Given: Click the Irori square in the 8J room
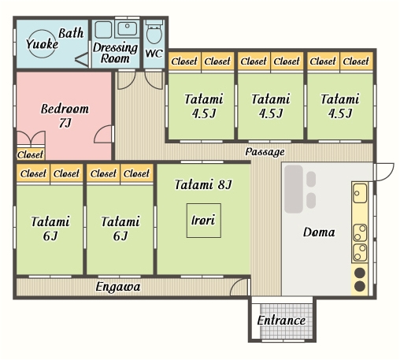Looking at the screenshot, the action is point(204,221).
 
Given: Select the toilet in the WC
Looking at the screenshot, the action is point(154,32).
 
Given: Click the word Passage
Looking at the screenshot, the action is point(265,152).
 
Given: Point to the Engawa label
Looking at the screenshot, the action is point(118,287).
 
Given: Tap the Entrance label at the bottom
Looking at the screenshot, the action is point(281,321).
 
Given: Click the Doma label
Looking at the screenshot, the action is point(319,232).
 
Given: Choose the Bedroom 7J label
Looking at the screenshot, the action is point(65,116).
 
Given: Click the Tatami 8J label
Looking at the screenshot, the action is point(203,184).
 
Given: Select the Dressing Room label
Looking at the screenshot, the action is point(115,53).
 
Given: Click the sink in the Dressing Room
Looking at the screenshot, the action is point(127,28).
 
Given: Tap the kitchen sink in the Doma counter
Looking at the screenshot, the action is point(360,193).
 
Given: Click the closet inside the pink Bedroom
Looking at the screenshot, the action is point(31,154).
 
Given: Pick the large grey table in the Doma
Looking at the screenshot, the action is point(294,189).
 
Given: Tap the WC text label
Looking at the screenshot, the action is point(154,54).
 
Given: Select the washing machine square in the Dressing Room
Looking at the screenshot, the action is point(103,30).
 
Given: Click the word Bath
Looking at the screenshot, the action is point(71,33).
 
